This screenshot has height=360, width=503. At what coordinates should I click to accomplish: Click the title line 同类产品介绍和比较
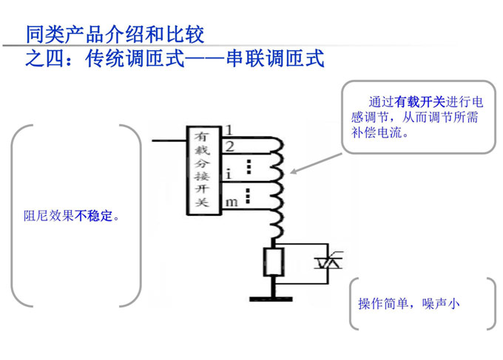(115, 34)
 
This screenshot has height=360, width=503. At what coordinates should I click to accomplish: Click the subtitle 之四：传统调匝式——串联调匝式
(175, 58)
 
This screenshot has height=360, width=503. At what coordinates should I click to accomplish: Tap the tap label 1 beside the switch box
(229, 131)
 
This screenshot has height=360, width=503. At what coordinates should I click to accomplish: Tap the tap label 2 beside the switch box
(230, 146)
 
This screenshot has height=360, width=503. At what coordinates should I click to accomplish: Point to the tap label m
(231, 201)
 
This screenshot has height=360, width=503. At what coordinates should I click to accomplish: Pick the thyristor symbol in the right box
(327, 260)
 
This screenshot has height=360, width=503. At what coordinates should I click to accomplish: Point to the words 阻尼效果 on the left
(49, 217)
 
